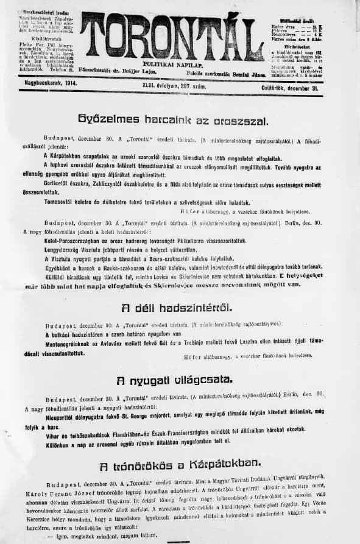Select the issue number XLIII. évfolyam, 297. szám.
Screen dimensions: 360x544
pyautogui.click(x=175, y=87)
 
